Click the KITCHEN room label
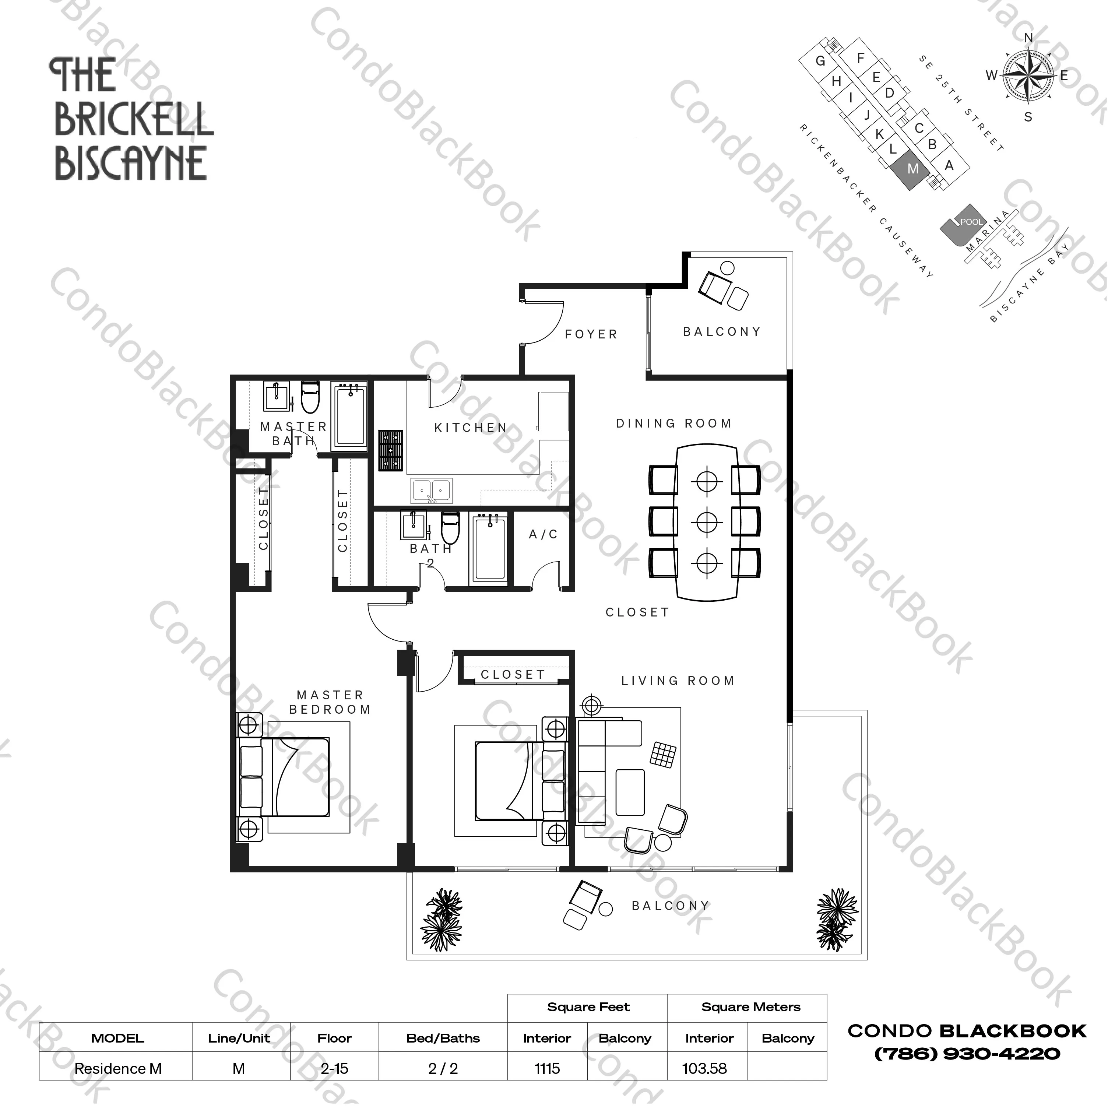(x=470, y=428)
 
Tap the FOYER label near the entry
(x=591, y=334)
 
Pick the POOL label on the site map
(x=971, y=222)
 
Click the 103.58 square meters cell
(x=704, y=1069)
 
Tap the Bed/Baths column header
(x=443, y=1038)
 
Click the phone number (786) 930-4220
(x=967, y=1054)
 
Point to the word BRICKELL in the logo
(x=134, y=120)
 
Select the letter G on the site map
(x=820, y=61)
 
